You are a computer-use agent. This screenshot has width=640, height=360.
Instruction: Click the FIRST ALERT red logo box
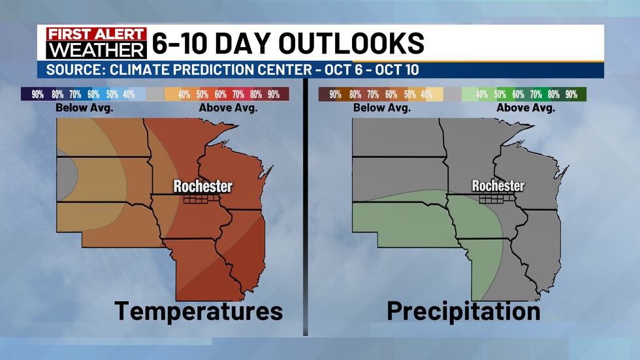coord(91,35)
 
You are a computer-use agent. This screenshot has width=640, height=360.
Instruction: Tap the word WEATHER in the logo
coord(91,50)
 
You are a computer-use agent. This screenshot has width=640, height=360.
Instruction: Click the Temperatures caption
coord(199,310)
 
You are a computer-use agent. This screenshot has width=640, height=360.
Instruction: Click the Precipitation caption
coord(463,310)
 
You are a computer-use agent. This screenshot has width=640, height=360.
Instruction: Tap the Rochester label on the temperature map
coord(202,186)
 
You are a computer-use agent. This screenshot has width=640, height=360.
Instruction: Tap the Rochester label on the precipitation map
coord(498,186)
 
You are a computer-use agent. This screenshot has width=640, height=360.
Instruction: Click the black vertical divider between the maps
coord(305,209)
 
